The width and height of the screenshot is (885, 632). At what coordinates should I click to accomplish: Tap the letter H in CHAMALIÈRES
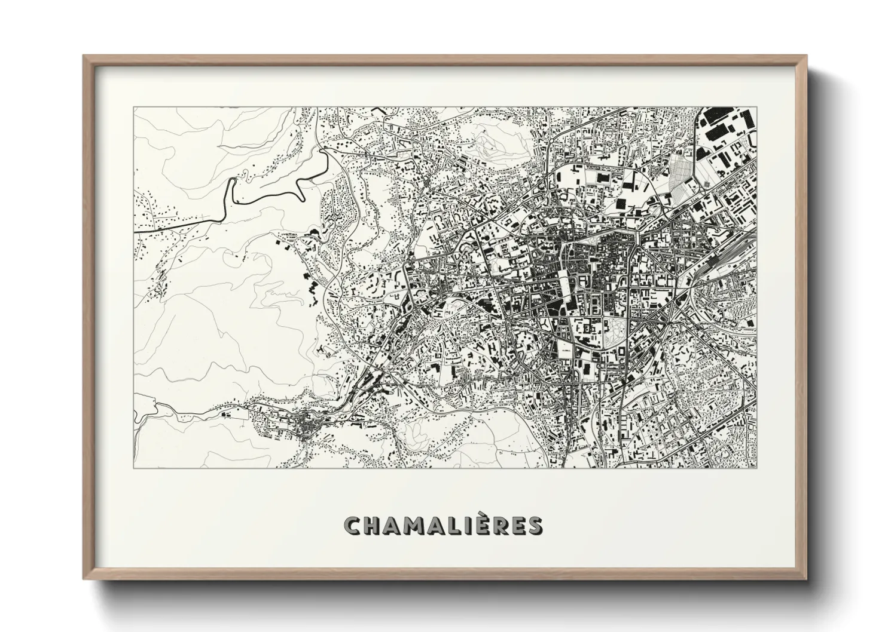pos(373,526)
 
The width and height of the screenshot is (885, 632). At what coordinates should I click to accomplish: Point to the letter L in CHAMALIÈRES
pos(457,526)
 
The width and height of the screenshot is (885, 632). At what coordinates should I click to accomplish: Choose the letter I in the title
pos(472,526)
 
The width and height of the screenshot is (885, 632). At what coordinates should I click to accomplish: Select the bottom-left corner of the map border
pos(134,468)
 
